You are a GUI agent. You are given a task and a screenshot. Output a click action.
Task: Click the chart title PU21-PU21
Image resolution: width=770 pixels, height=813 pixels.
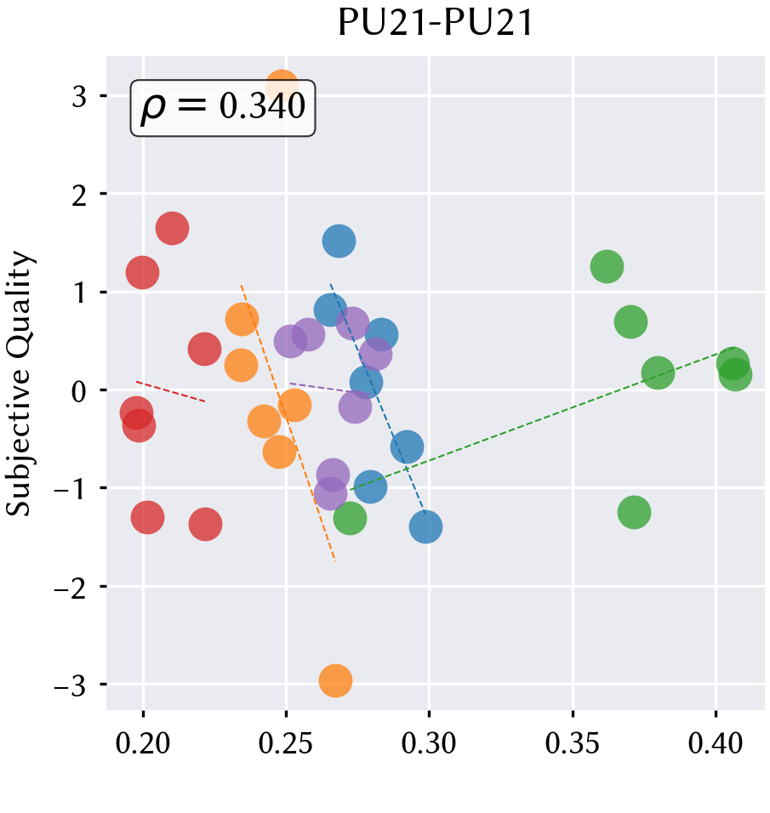tap(436, 23)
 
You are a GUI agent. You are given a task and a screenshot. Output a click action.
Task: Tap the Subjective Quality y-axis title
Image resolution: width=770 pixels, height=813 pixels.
tap(20, 384)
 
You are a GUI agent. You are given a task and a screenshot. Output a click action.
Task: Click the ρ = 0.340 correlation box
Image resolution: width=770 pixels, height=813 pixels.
tap(223, 108)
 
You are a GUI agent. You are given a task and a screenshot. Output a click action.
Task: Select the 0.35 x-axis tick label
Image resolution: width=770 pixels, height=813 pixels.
tap(573, 743)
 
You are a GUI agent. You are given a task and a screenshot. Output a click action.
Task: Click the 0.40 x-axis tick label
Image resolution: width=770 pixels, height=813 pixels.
tap(716, 743)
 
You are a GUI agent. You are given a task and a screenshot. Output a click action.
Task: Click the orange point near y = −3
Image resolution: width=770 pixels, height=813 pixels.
tap(336, 681)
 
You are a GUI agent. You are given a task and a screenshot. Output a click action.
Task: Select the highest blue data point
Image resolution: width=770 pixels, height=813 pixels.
tap(339, 242)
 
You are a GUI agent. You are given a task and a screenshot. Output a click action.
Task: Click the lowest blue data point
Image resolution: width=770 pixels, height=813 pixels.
tap(426, 526)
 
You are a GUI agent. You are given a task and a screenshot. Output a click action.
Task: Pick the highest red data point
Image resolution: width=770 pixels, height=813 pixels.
tap(172, 228)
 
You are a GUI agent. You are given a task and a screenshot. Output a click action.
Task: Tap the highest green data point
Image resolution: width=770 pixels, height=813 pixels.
tap(607, 266)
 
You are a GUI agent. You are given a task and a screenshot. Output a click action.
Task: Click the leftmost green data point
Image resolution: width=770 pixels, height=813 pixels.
tap(351, 518)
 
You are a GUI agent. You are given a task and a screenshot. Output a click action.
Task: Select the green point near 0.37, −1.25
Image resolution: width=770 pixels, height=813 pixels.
tap(634, 512)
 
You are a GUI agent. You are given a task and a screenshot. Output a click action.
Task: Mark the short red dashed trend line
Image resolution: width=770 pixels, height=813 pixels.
tap(171, 391)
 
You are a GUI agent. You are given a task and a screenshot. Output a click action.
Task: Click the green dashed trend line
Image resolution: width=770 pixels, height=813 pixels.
tap(542, 418)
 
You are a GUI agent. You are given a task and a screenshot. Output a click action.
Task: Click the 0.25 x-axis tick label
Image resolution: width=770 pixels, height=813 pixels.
tap(286, 743)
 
